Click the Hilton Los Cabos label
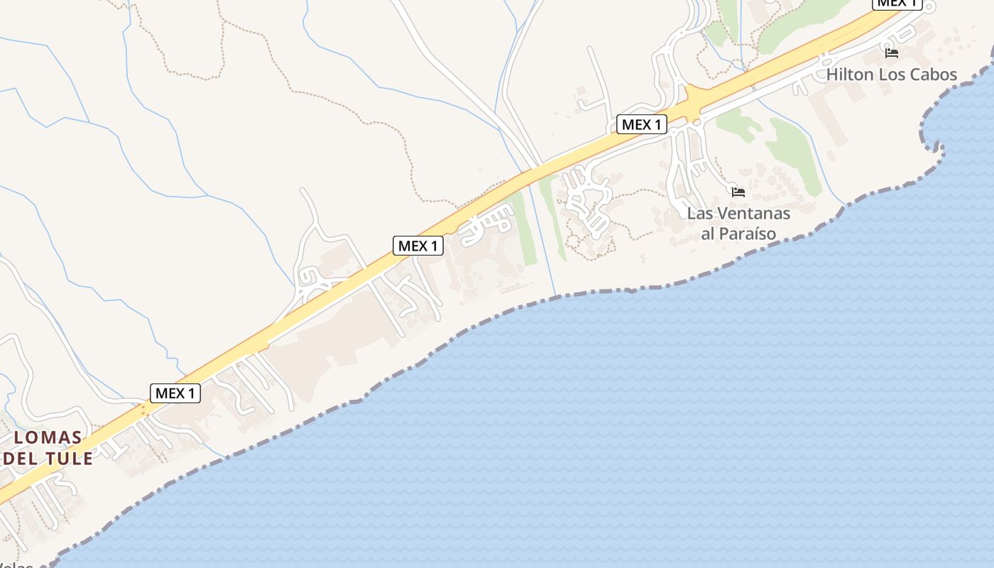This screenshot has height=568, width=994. tap(891, 75)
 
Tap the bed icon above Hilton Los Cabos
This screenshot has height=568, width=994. tap(891, 53)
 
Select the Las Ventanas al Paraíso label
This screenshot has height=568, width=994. tap(738, 223)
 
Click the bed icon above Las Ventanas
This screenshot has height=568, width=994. tap(738, 192)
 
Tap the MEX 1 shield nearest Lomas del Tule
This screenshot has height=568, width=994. tap(175, 393)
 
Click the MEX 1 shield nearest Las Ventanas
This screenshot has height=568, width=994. tap(641, 125)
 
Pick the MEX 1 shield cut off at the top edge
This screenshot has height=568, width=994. tap(897, 4)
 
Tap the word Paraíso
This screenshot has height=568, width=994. tap(748, 234)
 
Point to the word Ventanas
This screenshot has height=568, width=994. tap(753, 213)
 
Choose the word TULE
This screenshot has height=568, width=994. tap(69, 458)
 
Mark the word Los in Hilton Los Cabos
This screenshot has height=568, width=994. tap(891, 75)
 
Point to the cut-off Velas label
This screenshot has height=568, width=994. tap(18, 565)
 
